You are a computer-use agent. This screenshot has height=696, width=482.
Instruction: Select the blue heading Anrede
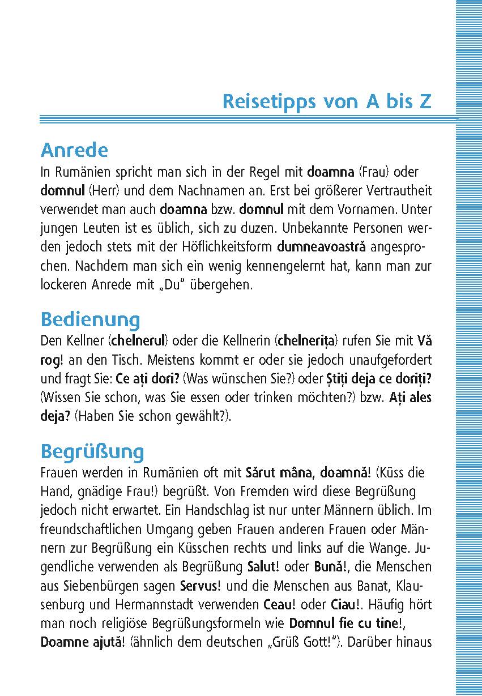[74, 151]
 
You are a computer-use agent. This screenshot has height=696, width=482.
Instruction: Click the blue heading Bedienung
[90, 319]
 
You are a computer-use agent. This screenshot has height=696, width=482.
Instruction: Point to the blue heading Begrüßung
[92, 452]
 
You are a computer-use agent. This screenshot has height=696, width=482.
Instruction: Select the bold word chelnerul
[138, 341]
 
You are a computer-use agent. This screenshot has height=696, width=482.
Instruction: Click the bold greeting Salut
[263, 567]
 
